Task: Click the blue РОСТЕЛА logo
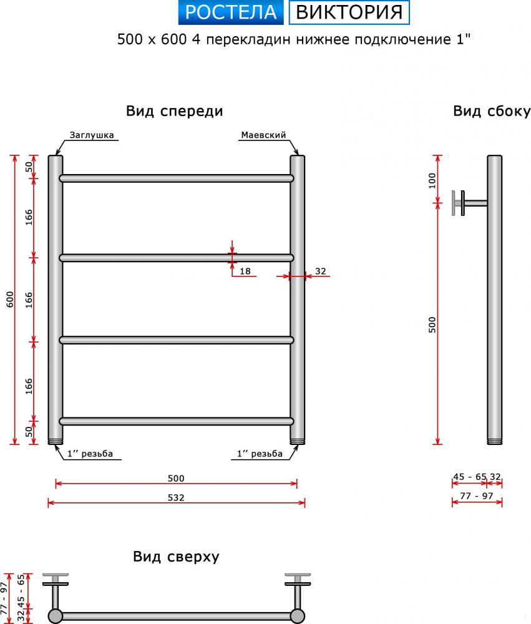click(231, 12)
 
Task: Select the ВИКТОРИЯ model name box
click(349, 12)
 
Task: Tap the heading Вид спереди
click(174, 111)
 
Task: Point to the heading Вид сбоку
click(492, 111)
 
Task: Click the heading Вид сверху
click(176, 557)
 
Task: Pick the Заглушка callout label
click(92, 135)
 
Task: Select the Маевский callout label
click(263, 135)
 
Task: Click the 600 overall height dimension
click(10, 300)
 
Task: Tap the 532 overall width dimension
click(176, 497)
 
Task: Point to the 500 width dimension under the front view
click(176, 479)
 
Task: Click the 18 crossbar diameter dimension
click(245, 271)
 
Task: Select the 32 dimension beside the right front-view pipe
click(321, 271)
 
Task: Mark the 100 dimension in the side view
click(432, 181)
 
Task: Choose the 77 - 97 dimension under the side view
click(477, 496)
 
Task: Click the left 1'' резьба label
click(90, 454)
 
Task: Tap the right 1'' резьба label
click(260, 454)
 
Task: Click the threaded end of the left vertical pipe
click(56, 441)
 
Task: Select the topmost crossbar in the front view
click(177, 178)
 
